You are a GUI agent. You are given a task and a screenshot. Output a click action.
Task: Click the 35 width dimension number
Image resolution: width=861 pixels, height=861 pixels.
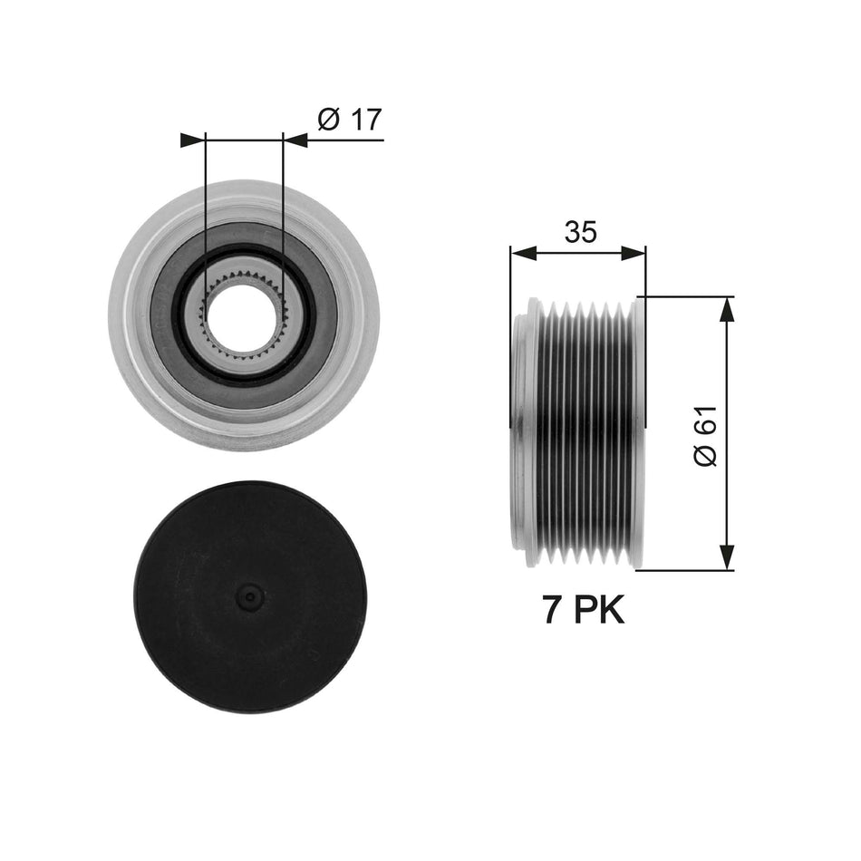click(x=580, y=233)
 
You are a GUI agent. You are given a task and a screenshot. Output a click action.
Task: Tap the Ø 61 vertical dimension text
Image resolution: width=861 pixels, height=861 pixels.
click(x=706, y=436)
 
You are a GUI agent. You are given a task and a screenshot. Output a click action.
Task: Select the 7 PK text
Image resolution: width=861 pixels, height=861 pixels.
click(x=584, y=610)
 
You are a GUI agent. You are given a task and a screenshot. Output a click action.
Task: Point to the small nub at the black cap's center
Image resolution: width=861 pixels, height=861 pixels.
click(x=249, y=596)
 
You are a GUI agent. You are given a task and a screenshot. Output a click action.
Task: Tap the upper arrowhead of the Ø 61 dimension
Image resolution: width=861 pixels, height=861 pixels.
click(x=726, y=308)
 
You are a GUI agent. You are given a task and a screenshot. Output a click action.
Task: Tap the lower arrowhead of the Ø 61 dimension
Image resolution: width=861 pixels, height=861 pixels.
click(x=726, y=558)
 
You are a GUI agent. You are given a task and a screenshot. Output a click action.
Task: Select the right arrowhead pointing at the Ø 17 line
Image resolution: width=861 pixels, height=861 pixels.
click(x=296, y=140)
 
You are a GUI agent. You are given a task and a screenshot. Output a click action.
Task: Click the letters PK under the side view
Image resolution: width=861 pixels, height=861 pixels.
click(x=602, y=610)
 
